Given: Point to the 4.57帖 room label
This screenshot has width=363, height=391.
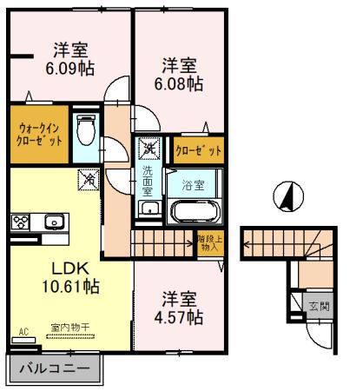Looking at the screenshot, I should (x=182, y=314).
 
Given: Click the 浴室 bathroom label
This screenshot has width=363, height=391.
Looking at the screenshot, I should (x=193, y=185).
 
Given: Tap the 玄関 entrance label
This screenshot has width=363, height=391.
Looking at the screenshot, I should (x=319, y=306).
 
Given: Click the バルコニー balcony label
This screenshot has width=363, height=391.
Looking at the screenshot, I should (x=53, y=369).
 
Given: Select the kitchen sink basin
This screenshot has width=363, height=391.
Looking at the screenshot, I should (x=52, y=222).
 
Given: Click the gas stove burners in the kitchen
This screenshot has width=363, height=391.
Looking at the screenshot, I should (x=21, y=222).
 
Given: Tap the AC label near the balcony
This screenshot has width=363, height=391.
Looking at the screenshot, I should (x=23, y=331).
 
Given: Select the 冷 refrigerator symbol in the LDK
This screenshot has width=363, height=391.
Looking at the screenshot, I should (x=89, y=181).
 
